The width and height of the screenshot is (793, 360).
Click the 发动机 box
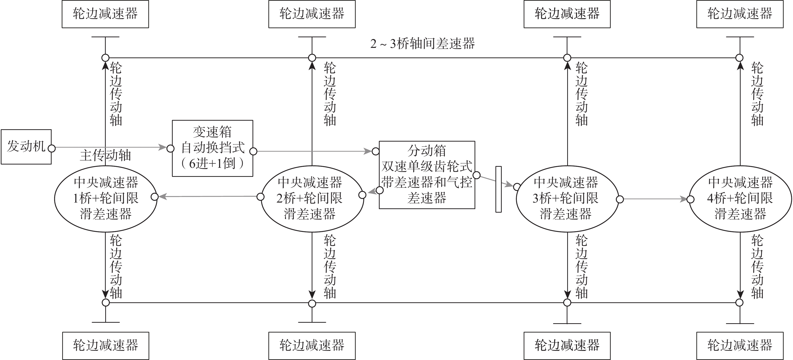click(x=26, y=147)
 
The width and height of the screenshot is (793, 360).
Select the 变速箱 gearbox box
click(x=212, y=148)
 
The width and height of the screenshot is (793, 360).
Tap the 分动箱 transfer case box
click(x=427, y=175)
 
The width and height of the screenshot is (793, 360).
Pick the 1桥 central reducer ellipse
click(x=105, y=199)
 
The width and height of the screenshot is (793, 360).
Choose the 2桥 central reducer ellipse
click(x=312, y=199)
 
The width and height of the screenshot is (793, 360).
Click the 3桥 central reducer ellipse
click(x=567, y=199)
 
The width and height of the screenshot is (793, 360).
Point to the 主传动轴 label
click(x=105, y=155)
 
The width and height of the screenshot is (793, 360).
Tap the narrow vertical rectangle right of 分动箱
click(x=498, y=189)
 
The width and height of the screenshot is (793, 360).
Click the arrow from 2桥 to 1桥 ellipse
click(x=207, y=197)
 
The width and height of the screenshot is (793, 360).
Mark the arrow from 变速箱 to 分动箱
click(x=314, y=151)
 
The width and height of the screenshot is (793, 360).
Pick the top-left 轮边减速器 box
click(x=105, y=14)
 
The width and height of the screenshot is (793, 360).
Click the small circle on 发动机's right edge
click(x=52, y=148)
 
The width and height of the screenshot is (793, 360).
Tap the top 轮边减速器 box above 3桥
click(x=567, y=14)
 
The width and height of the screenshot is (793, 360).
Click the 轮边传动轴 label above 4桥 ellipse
click(x=757, y=94)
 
